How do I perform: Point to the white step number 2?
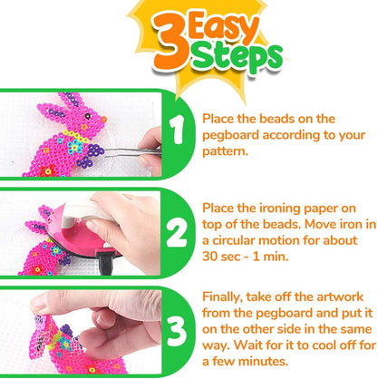coord(177,232)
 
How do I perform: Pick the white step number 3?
coord(178,332)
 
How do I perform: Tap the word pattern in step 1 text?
coord(224,151)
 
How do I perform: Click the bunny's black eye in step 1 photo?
coord(88,116)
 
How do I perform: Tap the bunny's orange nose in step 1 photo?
coord(104,120)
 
